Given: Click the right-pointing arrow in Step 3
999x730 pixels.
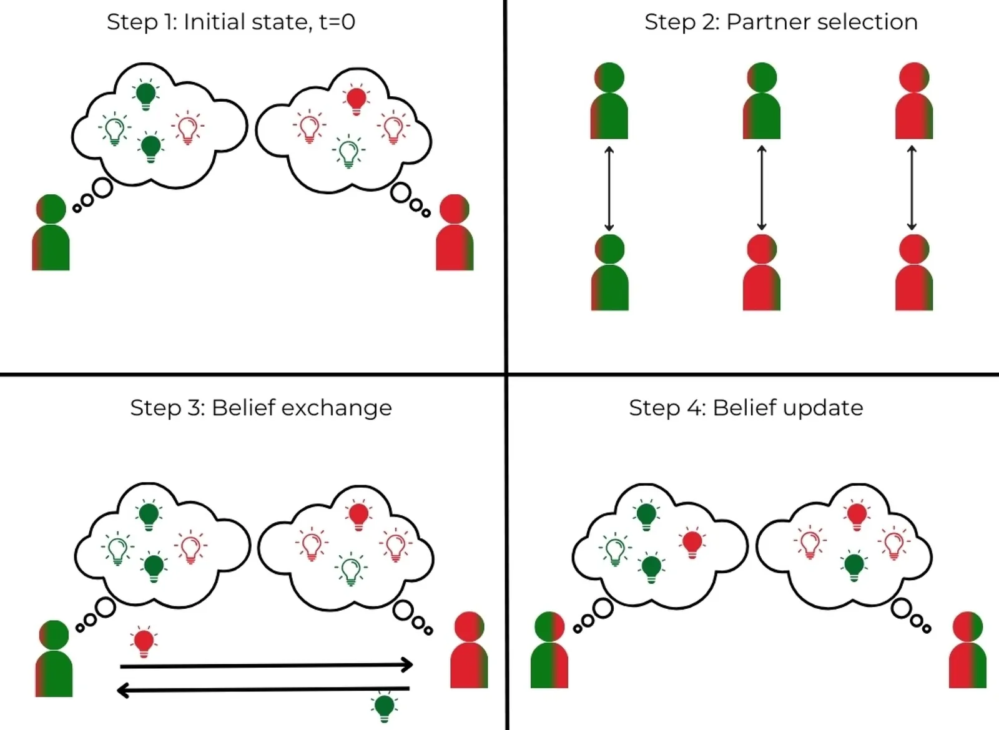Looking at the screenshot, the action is coord(266,665).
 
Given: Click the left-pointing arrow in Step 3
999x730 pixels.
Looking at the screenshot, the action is coord(263,690).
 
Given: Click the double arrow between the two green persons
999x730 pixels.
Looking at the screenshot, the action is coord(609,188).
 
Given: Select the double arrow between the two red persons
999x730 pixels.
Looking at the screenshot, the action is coord(912,188).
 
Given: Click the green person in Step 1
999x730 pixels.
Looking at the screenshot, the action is coord(51,232).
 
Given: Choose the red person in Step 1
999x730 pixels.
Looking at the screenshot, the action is coord(455,232).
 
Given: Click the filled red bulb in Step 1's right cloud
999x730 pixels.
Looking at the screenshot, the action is coord(356,100).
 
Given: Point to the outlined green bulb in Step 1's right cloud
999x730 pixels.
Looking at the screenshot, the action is coord(349,152).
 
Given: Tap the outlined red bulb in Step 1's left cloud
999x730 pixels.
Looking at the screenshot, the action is coord(188,127).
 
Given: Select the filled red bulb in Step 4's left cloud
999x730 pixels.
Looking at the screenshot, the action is coord(692,544).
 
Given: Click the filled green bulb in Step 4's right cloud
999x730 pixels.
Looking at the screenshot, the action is coord(854,566).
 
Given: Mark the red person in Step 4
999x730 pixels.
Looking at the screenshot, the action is coord(968,649).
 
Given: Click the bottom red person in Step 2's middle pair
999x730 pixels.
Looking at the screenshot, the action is coord(762,272).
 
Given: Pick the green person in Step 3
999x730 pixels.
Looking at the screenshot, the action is coord(54,658).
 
